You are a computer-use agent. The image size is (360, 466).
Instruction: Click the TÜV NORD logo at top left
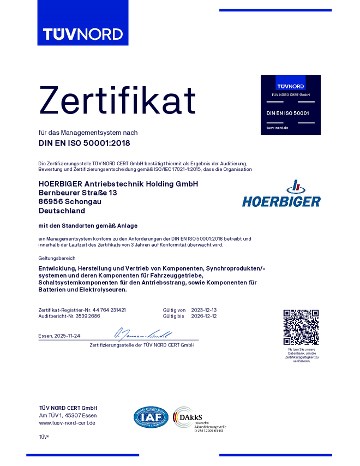tap(83, 34)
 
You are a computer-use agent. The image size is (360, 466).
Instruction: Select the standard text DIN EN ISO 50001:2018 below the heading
tap(85, 144)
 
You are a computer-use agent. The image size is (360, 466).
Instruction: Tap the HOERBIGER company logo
tap(281, 195)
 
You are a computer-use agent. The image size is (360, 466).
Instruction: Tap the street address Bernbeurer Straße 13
tap(78, 193)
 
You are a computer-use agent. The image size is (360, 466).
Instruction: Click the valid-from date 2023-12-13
tap(204, 309)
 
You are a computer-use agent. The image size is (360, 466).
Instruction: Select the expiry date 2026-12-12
tap(204, 316)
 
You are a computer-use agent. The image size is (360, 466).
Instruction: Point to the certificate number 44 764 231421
tap(109, 309)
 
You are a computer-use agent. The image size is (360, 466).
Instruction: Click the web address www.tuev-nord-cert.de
tap(67, 423)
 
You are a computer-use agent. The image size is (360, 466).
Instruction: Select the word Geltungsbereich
tap(57, 258)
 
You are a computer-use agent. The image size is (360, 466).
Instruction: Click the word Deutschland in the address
tap(62, 210)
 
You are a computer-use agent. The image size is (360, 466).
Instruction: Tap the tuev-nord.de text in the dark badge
tap(277, 128)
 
